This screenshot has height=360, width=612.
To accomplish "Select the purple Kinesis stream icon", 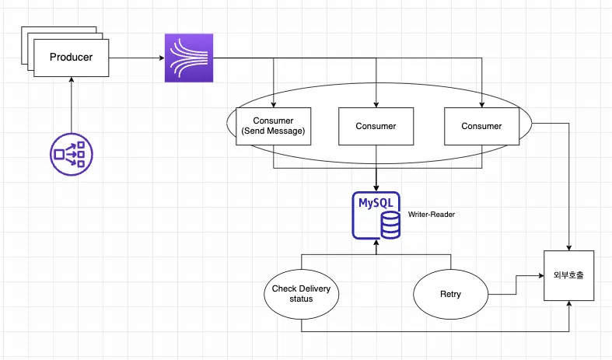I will [188, 58].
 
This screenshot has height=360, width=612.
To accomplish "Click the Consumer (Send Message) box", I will [273, 126].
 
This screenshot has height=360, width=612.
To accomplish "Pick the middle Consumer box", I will [376, 126].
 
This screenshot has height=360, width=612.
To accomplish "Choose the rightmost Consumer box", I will [481, 126].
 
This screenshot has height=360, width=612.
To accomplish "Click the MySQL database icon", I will [376, 215].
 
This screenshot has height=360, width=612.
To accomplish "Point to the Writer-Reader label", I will [431, 213].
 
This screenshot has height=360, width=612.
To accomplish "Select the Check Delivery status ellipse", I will [301, 295].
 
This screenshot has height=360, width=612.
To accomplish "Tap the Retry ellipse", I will [449, 295].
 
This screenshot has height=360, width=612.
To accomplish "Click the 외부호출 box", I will [568, 277].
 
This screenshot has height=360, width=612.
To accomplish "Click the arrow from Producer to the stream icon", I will [136, 58].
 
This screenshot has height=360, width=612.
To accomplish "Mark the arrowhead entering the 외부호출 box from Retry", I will [539, 274].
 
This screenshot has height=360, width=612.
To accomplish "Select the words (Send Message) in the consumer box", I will [273, 131].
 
